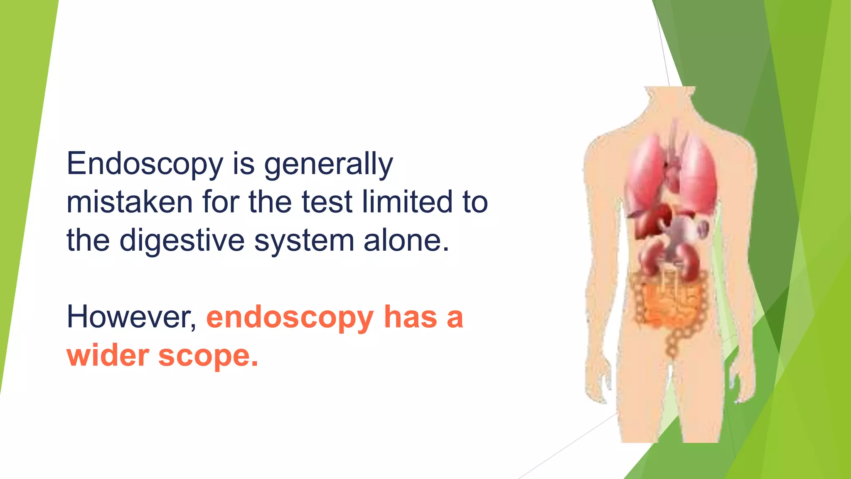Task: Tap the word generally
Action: (x=328, y=164)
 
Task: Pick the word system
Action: (x=304, y=241)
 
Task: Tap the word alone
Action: (x=406, y=241)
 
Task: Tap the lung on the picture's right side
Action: (x=698, y=175)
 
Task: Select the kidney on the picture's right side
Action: (x=690, y=262)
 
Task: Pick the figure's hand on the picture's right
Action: (x=742, y=383)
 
